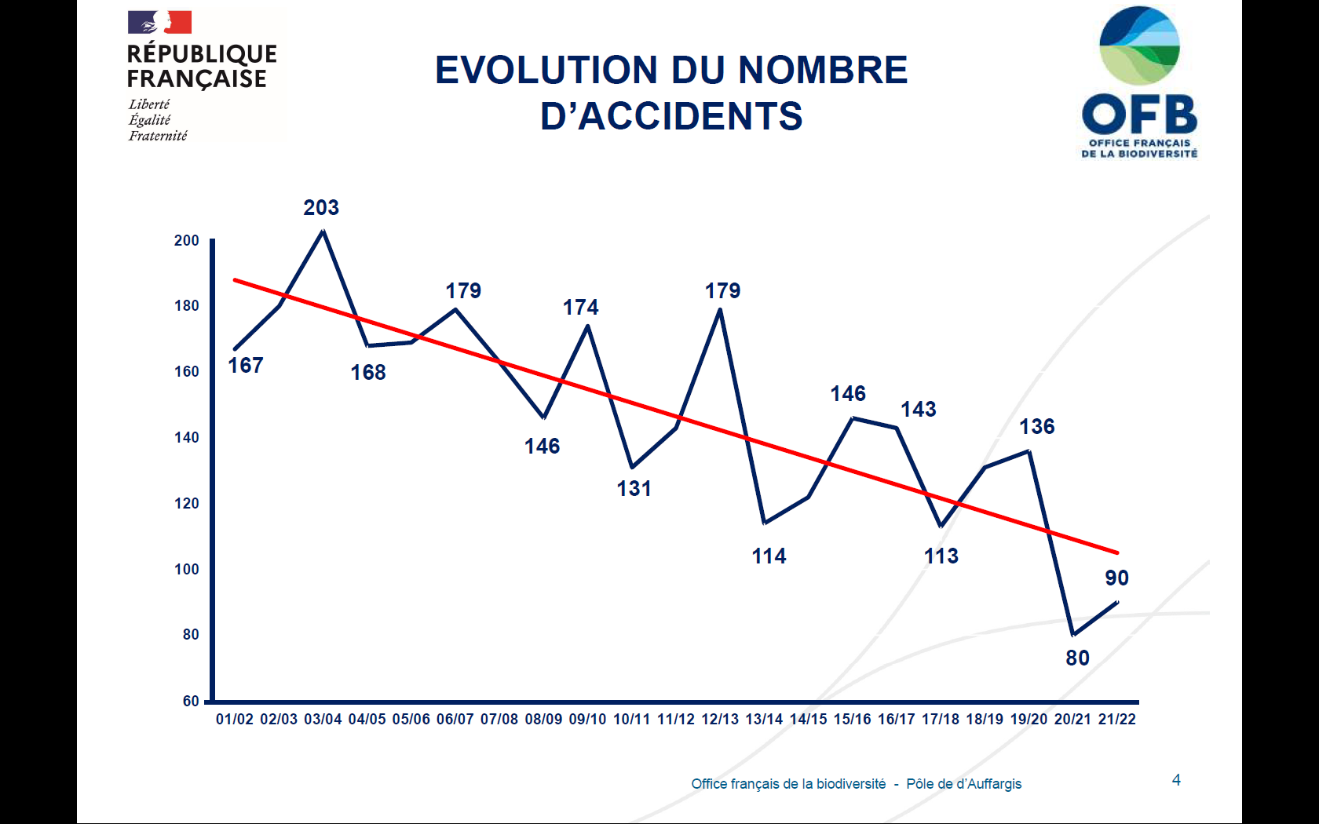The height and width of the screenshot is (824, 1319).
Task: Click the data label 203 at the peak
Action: [321, 208]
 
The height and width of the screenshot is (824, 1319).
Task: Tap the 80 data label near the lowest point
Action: [1077, 658]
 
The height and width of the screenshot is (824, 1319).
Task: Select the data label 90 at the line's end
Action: [1116, 578]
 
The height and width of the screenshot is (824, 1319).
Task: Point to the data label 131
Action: [634, 489]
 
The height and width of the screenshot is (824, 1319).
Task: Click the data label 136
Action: [1036, 427]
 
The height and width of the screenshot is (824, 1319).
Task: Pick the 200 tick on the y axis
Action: [187, 241]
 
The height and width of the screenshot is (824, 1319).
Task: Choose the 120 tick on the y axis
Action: [187, 503]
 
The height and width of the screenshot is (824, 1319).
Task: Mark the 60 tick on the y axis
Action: [191, 701]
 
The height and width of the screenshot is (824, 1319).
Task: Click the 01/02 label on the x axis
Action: [235, 720]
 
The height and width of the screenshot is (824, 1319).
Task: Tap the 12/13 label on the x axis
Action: [720, 720]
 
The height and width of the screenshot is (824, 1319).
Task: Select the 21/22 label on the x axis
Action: [1116, 720]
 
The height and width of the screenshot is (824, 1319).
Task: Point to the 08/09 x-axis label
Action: [543, 720]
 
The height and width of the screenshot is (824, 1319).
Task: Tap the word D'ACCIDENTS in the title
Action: [671, 116]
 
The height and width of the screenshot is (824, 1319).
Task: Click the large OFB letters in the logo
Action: [1139, 115]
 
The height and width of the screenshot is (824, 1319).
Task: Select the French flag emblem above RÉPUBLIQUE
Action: [160, 22]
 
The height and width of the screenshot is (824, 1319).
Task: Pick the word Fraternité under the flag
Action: [158, 136]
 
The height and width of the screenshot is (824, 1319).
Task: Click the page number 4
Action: [1176, 780]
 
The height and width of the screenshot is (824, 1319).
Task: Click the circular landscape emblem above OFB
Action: [1139, 46]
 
